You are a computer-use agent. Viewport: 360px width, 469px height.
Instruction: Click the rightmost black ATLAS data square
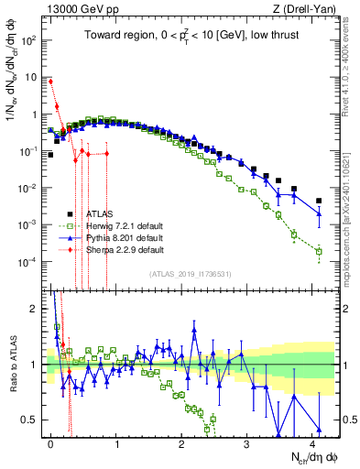pyautogui.click(x=319, y=201)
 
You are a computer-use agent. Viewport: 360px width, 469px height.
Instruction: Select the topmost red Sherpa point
pyautogui.click(x=50, y=82)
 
